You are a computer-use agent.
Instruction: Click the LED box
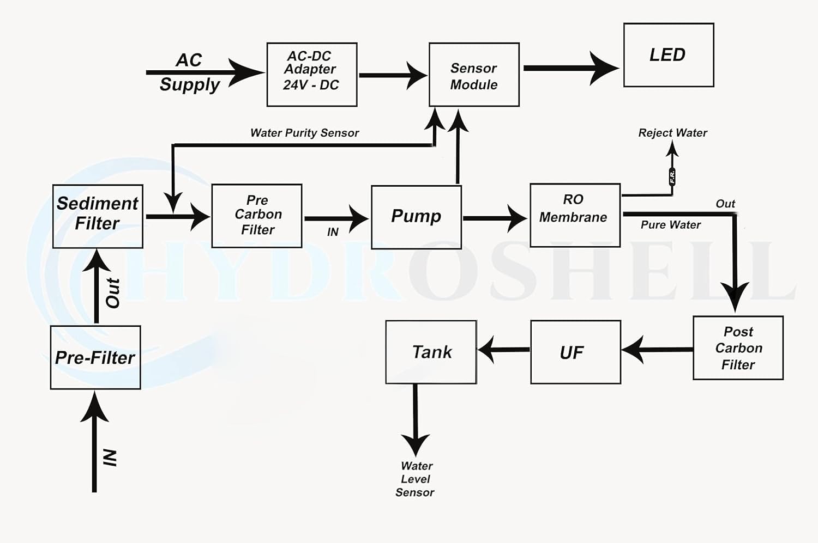[669, 55]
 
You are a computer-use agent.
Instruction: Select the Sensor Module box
[474, 75]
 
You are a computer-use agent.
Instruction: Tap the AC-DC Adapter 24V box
[311, 75]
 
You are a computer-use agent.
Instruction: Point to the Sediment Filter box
[98, 216]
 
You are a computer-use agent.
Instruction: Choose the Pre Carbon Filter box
[256, 216]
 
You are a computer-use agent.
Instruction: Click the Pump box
[416, 217]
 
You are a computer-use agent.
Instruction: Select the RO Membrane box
[575, 215]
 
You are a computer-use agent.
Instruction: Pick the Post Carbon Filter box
[738, 347]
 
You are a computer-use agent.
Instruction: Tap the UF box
[575, 352]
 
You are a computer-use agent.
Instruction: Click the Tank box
[431, 352]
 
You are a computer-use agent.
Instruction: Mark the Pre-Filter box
[95, 357]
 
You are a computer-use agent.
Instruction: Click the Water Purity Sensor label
[304, 133]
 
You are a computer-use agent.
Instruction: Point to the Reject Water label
[672, 133]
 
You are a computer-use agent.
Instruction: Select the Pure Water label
[670, 225]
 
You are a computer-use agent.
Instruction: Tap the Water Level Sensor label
[416, 479]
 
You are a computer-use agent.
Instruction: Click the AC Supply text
[189, 72]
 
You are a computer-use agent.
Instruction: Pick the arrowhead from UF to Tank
[486, 349]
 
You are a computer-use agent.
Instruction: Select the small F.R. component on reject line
[672, 176]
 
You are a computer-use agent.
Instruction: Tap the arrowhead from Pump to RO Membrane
[516, 218]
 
